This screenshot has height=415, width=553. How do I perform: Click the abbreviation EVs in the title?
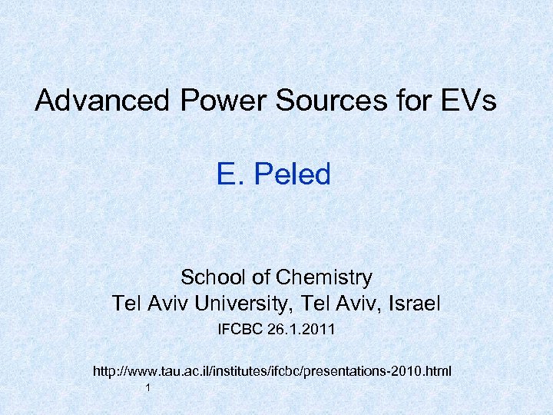click(x=468, y=101)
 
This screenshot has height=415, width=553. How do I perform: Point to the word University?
click(x=241, y=304)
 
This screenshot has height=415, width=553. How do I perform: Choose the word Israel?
click(x=412, y=304)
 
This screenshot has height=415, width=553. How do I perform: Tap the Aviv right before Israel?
click(x=358, y=304)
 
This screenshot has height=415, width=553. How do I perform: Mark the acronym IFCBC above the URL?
click(x=241, y=330)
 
